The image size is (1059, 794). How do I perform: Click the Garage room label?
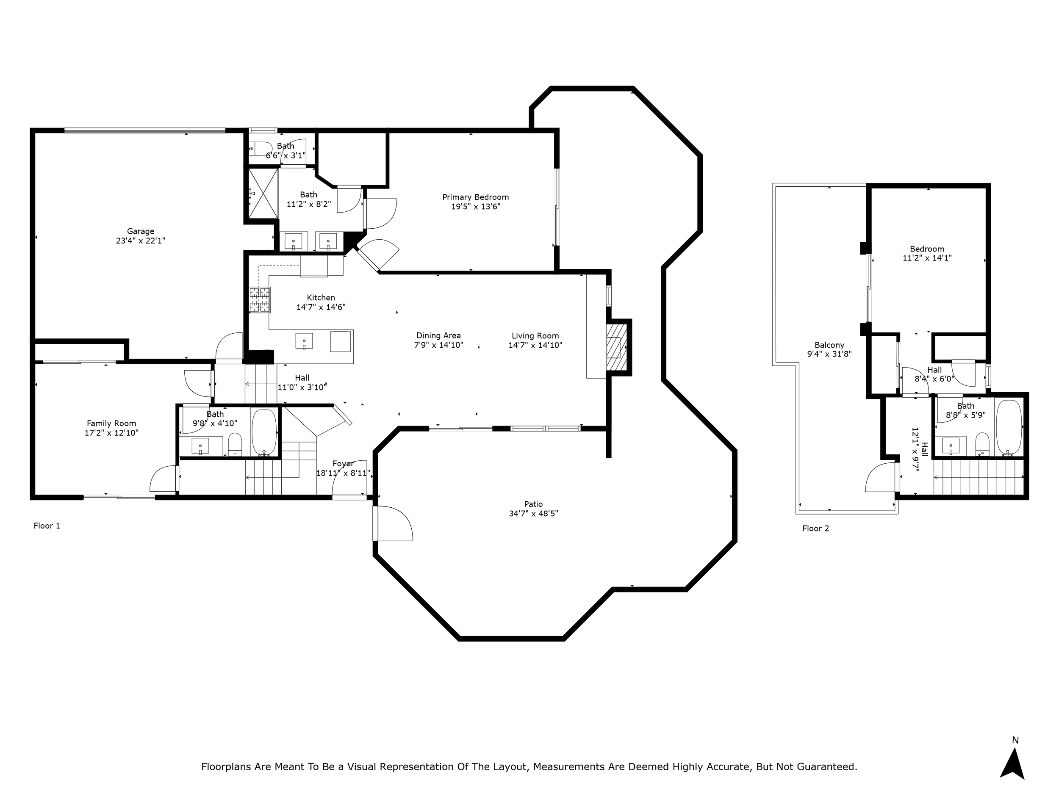pyautogui.click(x=140, y=231)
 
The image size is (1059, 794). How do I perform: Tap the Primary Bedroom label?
pyautogui.click(x=475, y=197)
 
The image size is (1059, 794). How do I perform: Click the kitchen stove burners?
pyautogui.click(x=260, y=300)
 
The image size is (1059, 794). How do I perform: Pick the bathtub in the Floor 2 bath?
pyautogui.click(x=1009, y=427)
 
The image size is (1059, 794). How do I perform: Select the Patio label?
pyautogui.click(x=533, y=504)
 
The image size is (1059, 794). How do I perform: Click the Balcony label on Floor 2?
pyautogui.click(x=829, y=345)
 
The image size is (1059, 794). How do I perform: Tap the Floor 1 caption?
pyautogui.click(x=47, y=526)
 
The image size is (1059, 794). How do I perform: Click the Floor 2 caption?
pyautogui.click(x=816, y=528)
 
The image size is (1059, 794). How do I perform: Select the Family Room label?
pyautogui.click(x=111, y=423)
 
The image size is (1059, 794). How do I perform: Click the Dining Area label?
pyautogui.click(x=438, y=336)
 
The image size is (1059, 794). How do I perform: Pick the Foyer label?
pyautogui.click(x=343, y=464)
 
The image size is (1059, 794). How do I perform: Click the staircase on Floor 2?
pyautogui.click(x=979, y=477)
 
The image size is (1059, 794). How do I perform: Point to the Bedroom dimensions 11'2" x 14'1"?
pyautogui.click(x=927, y=258)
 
